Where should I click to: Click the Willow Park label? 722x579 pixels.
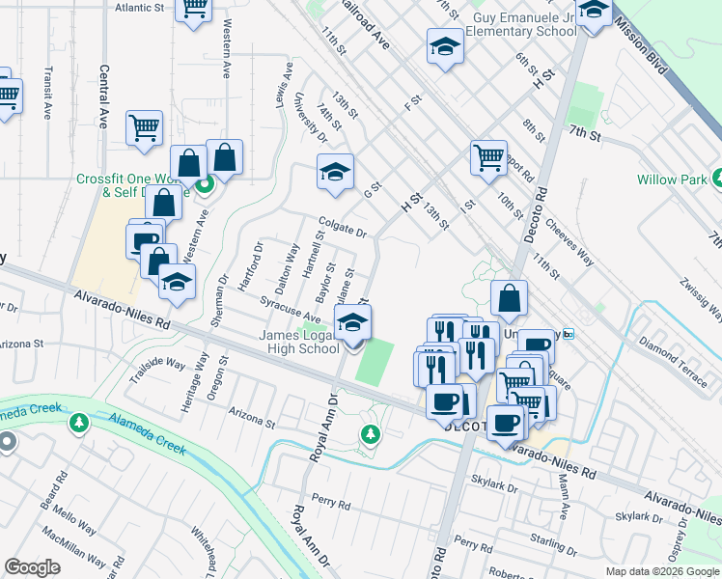(x=672, y=179)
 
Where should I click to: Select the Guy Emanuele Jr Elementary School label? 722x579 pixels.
(x=520, y=24)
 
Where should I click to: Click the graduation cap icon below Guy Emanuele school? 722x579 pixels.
(x=445, y=46)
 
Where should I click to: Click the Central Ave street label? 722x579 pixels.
(x=103, y=96)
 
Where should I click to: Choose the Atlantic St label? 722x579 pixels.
(x=139, y=7)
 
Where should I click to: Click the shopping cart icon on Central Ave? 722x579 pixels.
(x=144, y=127)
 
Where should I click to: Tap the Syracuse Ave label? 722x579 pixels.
(x=291, y=310)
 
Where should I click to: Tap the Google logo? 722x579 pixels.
(x=33, y=567)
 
